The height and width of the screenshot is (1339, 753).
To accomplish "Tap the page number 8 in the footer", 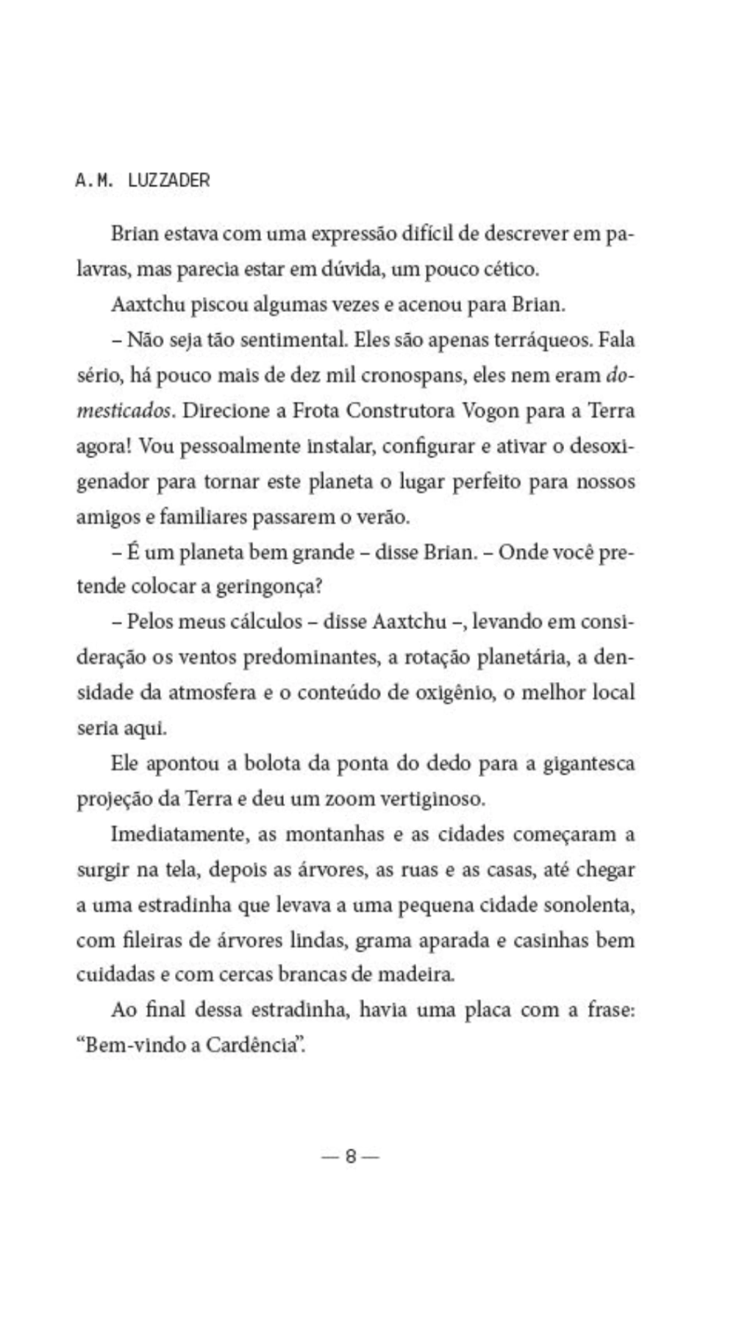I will coord(351,1157).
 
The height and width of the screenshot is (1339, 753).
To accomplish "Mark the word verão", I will coord(383,517).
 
